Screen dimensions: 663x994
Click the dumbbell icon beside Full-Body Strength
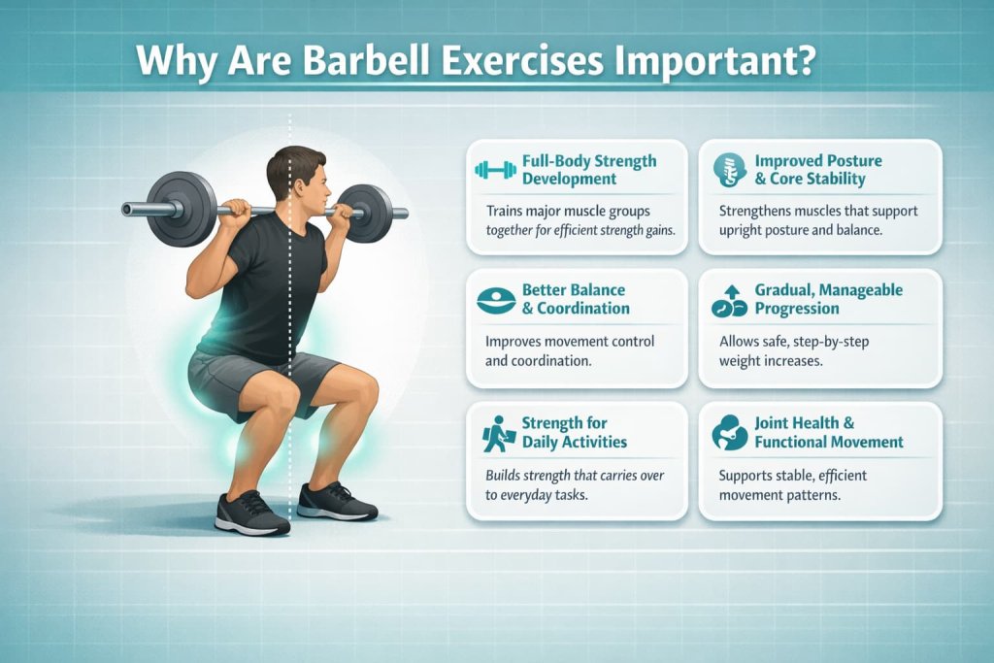point(495,171)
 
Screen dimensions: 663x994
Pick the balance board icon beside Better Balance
point(496,300)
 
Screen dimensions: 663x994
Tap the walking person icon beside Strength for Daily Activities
point(496,433)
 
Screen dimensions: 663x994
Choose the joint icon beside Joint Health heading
point(727,433)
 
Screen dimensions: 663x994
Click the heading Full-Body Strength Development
point(588,170)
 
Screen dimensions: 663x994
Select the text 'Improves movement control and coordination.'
point(571,351)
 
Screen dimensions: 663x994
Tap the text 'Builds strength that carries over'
point(580,475)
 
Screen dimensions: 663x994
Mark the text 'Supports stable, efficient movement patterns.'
point(792,484)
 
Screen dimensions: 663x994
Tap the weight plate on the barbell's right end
point(367,214)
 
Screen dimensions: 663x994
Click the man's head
point(296,175)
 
